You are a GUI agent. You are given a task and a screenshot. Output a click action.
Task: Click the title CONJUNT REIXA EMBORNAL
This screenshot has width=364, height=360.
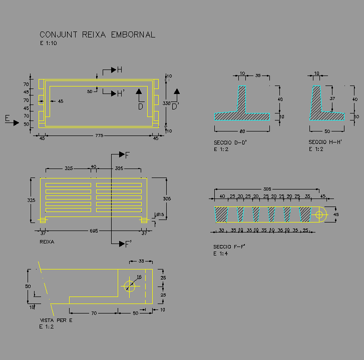97,35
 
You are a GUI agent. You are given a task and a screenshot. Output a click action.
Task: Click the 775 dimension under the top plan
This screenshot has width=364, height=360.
99,136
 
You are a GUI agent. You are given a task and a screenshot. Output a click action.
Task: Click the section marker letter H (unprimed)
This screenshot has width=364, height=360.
120,70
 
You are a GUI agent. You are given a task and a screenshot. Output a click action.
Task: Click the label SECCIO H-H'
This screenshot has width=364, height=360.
325,142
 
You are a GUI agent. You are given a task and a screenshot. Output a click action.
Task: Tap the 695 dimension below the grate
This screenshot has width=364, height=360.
94,231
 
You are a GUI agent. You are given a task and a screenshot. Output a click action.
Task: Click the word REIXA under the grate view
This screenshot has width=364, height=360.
47,241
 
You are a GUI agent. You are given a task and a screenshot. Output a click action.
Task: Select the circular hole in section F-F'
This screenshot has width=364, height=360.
319,214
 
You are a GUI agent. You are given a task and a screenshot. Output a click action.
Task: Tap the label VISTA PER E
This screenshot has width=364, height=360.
56,320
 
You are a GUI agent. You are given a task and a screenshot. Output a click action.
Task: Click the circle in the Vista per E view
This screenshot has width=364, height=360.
130,285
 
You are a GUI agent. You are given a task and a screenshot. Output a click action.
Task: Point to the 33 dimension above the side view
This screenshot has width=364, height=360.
141,261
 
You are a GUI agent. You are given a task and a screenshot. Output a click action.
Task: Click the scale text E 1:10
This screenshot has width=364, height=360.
49,43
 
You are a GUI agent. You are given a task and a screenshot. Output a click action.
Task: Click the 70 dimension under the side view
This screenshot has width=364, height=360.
94,313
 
